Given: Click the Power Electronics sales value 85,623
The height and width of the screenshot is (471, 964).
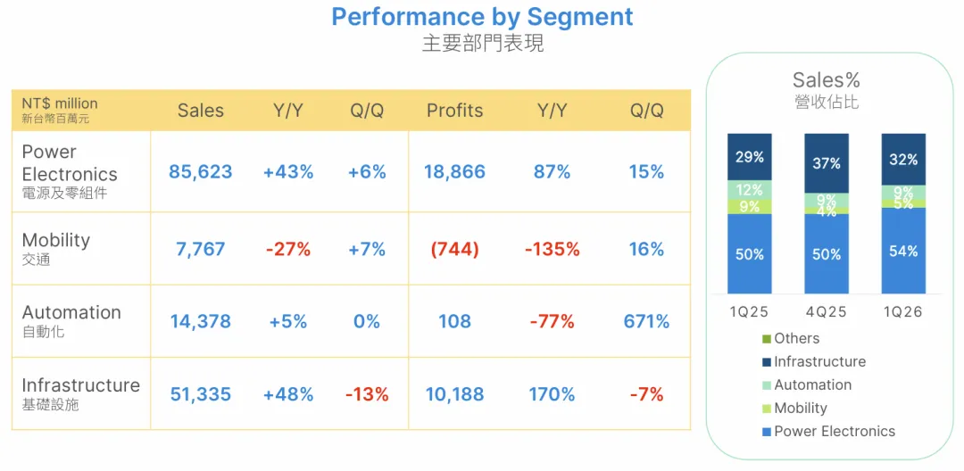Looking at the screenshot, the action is pos(201,172).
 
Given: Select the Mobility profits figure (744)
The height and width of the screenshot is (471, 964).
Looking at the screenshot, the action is pos(454,249).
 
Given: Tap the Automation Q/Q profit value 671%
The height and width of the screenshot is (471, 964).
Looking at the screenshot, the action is pos(646,321).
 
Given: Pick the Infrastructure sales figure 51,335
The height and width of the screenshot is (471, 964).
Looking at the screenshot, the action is pos(201,393).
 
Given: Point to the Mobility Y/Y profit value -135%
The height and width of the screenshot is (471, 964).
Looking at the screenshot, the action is pos(553,249).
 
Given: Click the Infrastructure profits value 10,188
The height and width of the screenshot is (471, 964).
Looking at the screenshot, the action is pos(454,393).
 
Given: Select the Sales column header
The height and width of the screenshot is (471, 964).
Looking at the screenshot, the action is pos(201,111).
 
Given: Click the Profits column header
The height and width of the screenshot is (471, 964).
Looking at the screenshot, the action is pos(454,111).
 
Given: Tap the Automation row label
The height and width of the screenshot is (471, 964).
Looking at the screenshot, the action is pos(71,312).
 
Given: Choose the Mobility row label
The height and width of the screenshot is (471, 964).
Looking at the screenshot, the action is pos(56,239).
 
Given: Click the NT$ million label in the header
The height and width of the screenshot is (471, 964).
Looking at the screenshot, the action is pos(60,103).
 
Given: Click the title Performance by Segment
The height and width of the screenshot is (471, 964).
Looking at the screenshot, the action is pos(482,17).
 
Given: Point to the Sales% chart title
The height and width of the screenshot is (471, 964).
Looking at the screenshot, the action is pos(826,79).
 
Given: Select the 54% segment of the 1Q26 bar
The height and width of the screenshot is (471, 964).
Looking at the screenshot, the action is pos(903,251).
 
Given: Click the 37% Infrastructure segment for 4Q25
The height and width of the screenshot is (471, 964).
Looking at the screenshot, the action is pos(827,163).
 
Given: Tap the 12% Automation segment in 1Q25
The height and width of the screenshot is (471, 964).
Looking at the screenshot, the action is pos(750,190).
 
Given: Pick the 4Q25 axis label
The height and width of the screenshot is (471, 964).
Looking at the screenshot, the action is pos(827,312).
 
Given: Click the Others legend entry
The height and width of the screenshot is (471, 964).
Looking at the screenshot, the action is pos(791,338).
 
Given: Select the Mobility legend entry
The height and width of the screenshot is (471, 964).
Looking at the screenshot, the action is pos(794,408).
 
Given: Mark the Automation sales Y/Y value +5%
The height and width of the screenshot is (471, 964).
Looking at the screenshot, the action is pos(287,321).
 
